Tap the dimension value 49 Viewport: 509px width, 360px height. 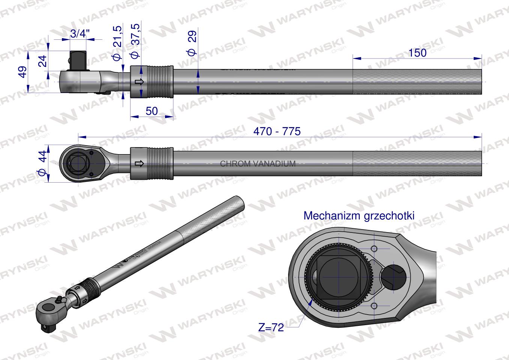[x=24, y=72]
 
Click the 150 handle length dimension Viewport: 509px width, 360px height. [x=417, y=53]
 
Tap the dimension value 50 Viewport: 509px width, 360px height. [x=152, y=111]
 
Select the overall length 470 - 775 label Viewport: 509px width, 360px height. [x=277, y=131]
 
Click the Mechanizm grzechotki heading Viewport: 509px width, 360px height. [x=359, y=216]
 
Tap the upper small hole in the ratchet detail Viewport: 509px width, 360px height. [x=374, y=249]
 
